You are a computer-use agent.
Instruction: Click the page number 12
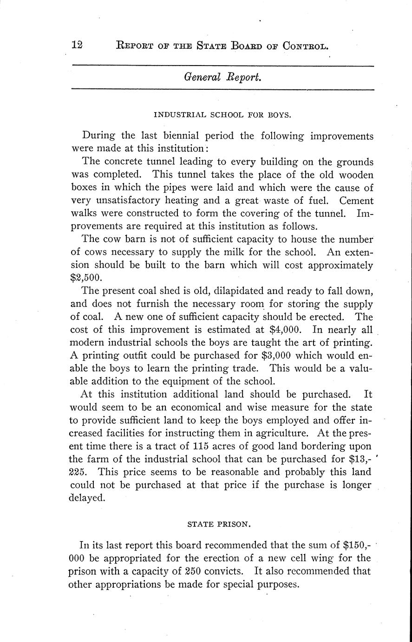point(77,45)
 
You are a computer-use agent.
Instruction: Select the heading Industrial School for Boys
point(222,114)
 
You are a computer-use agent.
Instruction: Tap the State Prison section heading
point(219,524)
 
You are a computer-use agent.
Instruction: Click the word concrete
point(128,162)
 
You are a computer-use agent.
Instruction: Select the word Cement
point(356,201)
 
